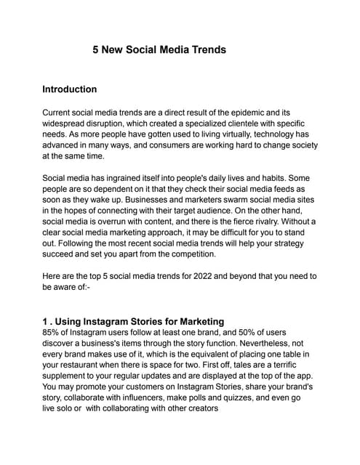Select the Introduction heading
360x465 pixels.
(x=69, y=89)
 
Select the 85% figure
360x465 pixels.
(x=53, y=334)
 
